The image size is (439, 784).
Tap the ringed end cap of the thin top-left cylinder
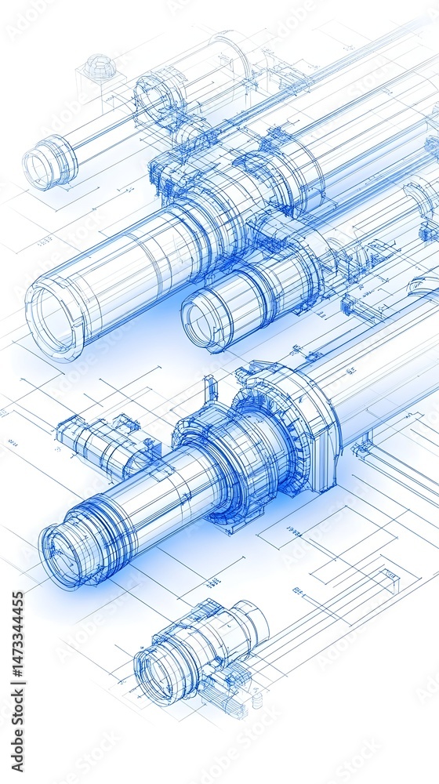point(49,163)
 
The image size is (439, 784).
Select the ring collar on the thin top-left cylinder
point(161,98)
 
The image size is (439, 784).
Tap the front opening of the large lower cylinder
point(66,555)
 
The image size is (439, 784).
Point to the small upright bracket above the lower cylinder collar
point(210,389)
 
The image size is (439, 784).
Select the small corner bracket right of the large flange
point(361,448)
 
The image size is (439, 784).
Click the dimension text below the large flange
point(292,533)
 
